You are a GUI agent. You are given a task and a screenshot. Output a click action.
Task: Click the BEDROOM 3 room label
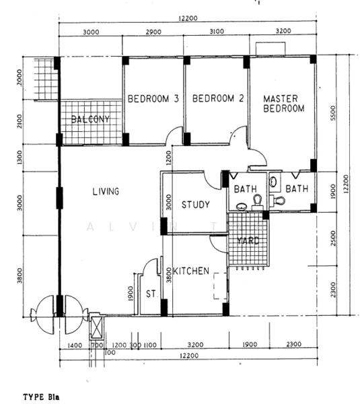(153, 99)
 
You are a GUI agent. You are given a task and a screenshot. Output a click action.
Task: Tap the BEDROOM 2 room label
(218, 98)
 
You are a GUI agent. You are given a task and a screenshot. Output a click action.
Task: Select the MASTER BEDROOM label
(283, 104)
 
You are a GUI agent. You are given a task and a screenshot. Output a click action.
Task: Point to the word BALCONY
(90, 119)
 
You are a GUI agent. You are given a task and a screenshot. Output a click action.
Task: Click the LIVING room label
(106, 191)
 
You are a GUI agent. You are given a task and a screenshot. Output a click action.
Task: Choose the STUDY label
(196, 205)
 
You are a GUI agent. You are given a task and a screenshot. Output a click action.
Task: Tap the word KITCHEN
(191, 271)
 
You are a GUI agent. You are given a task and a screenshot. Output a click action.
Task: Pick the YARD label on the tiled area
(248, 241)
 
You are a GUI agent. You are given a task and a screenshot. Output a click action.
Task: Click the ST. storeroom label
(151, 294)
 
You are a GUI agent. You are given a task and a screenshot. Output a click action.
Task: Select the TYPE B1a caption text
(41, 397)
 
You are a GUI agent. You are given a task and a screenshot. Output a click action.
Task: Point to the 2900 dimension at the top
(153, 32)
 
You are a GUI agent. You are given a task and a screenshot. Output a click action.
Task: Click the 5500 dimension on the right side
(333, 113)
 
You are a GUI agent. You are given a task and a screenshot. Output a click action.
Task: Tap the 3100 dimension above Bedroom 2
(217, 32)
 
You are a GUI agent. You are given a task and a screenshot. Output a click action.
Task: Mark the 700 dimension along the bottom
(97, 345)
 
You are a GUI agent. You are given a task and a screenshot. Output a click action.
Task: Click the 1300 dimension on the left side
(20, 158)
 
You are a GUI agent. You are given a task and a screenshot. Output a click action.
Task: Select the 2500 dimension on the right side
(333, 238)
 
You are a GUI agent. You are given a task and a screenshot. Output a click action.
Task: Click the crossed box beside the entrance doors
(96, 326)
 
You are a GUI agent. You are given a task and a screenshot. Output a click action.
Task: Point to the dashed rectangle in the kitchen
(220, 286)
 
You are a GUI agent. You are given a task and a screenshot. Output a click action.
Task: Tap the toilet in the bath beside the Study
(257, 202)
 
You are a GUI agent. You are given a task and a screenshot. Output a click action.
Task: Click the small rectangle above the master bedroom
(271, 48)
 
